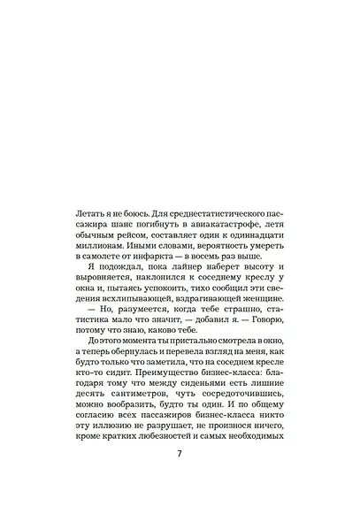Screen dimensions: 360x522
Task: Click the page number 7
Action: (x=180, y=479)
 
